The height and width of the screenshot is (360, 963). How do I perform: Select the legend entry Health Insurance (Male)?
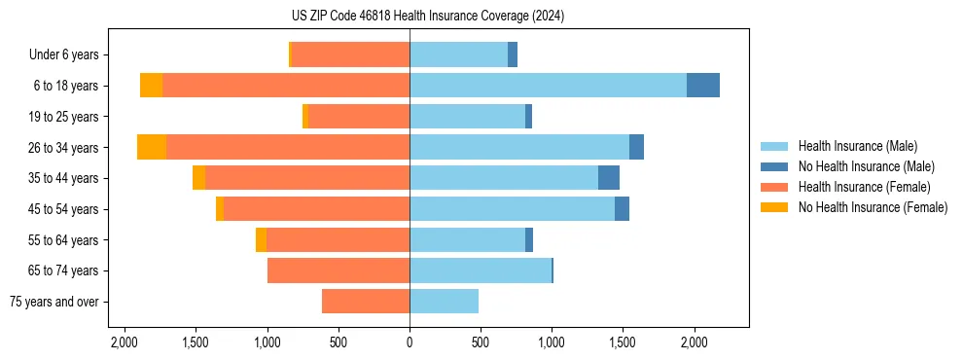857,146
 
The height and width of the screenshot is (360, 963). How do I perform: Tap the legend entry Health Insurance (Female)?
864,187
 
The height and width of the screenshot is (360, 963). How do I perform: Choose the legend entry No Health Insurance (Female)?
873,207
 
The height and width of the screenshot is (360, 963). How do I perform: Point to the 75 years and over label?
53,302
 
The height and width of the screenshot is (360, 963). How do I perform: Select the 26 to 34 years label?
64,148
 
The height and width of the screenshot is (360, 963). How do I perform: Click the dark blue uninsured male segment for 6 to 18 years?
703,86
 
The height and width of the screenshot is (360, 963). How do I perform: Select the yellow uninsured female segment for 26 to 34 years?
152,147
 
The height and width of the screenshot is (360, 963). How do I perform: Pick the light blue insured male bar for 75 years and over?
444,302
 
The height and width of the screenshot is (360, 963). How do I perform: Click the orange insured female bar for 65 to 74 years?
339,270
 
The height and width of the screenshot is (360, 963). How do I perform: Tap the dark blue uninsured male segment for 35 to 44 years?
609,178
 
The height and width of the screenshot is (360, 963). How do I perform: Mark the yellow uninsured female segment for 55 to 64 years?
261,239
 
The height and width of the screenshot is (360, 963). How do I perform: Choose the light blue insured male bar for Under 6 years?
458,55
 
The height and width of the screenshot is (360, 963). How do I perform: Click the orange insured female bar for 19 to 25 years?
359,117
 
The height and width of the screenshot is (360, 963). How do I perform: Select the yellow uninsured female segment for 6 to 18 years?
151,86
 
